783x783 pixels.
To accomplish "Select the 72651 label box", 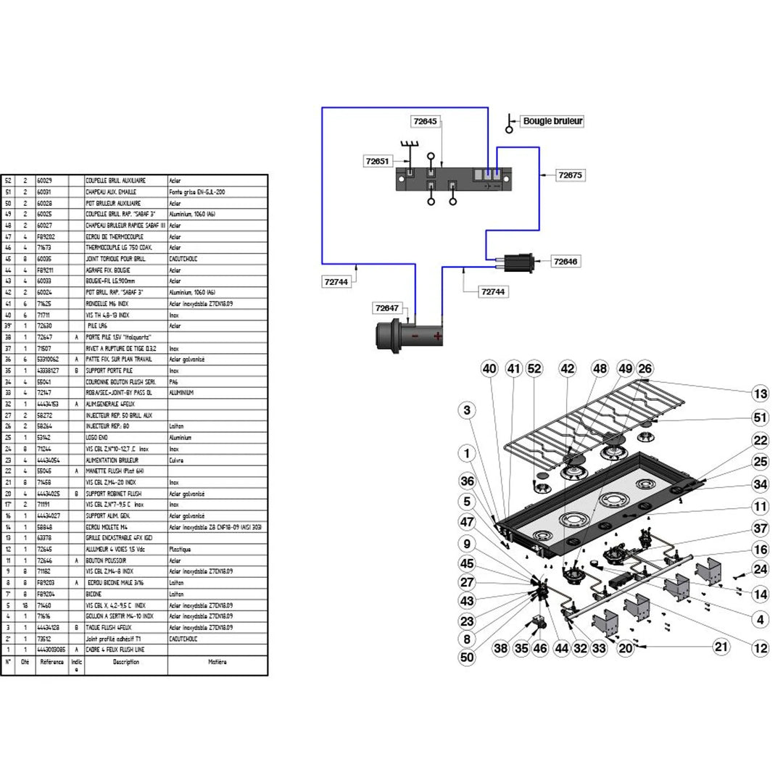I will [378, 159].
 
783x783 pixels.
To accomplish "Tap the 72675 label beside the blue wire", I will [571, 175].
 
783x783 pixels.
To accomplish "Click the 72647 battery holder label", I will [388, 308].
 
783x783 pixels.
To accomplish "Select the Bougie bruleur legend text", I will [552, 121].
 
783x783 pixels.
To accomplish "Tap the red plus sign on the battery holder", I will [437, 337].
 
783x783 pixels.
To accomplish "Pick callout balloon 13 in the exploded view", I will [760, 394].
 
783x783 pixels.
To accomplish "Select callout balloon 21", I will [721, 647].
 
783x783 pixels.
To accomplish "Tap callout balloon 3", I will [468, 410].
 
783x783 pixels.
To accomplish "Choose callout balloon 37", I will [760, 528].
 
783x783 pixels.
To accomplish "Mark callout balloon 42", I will [568, 369].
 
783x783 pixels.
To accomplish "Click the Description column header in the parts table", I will [125, 662].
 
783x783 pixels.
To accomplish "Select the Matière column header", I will [217, 662].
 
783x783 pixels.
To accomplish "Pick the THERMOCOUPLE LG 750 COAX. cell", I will [115, 248].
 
